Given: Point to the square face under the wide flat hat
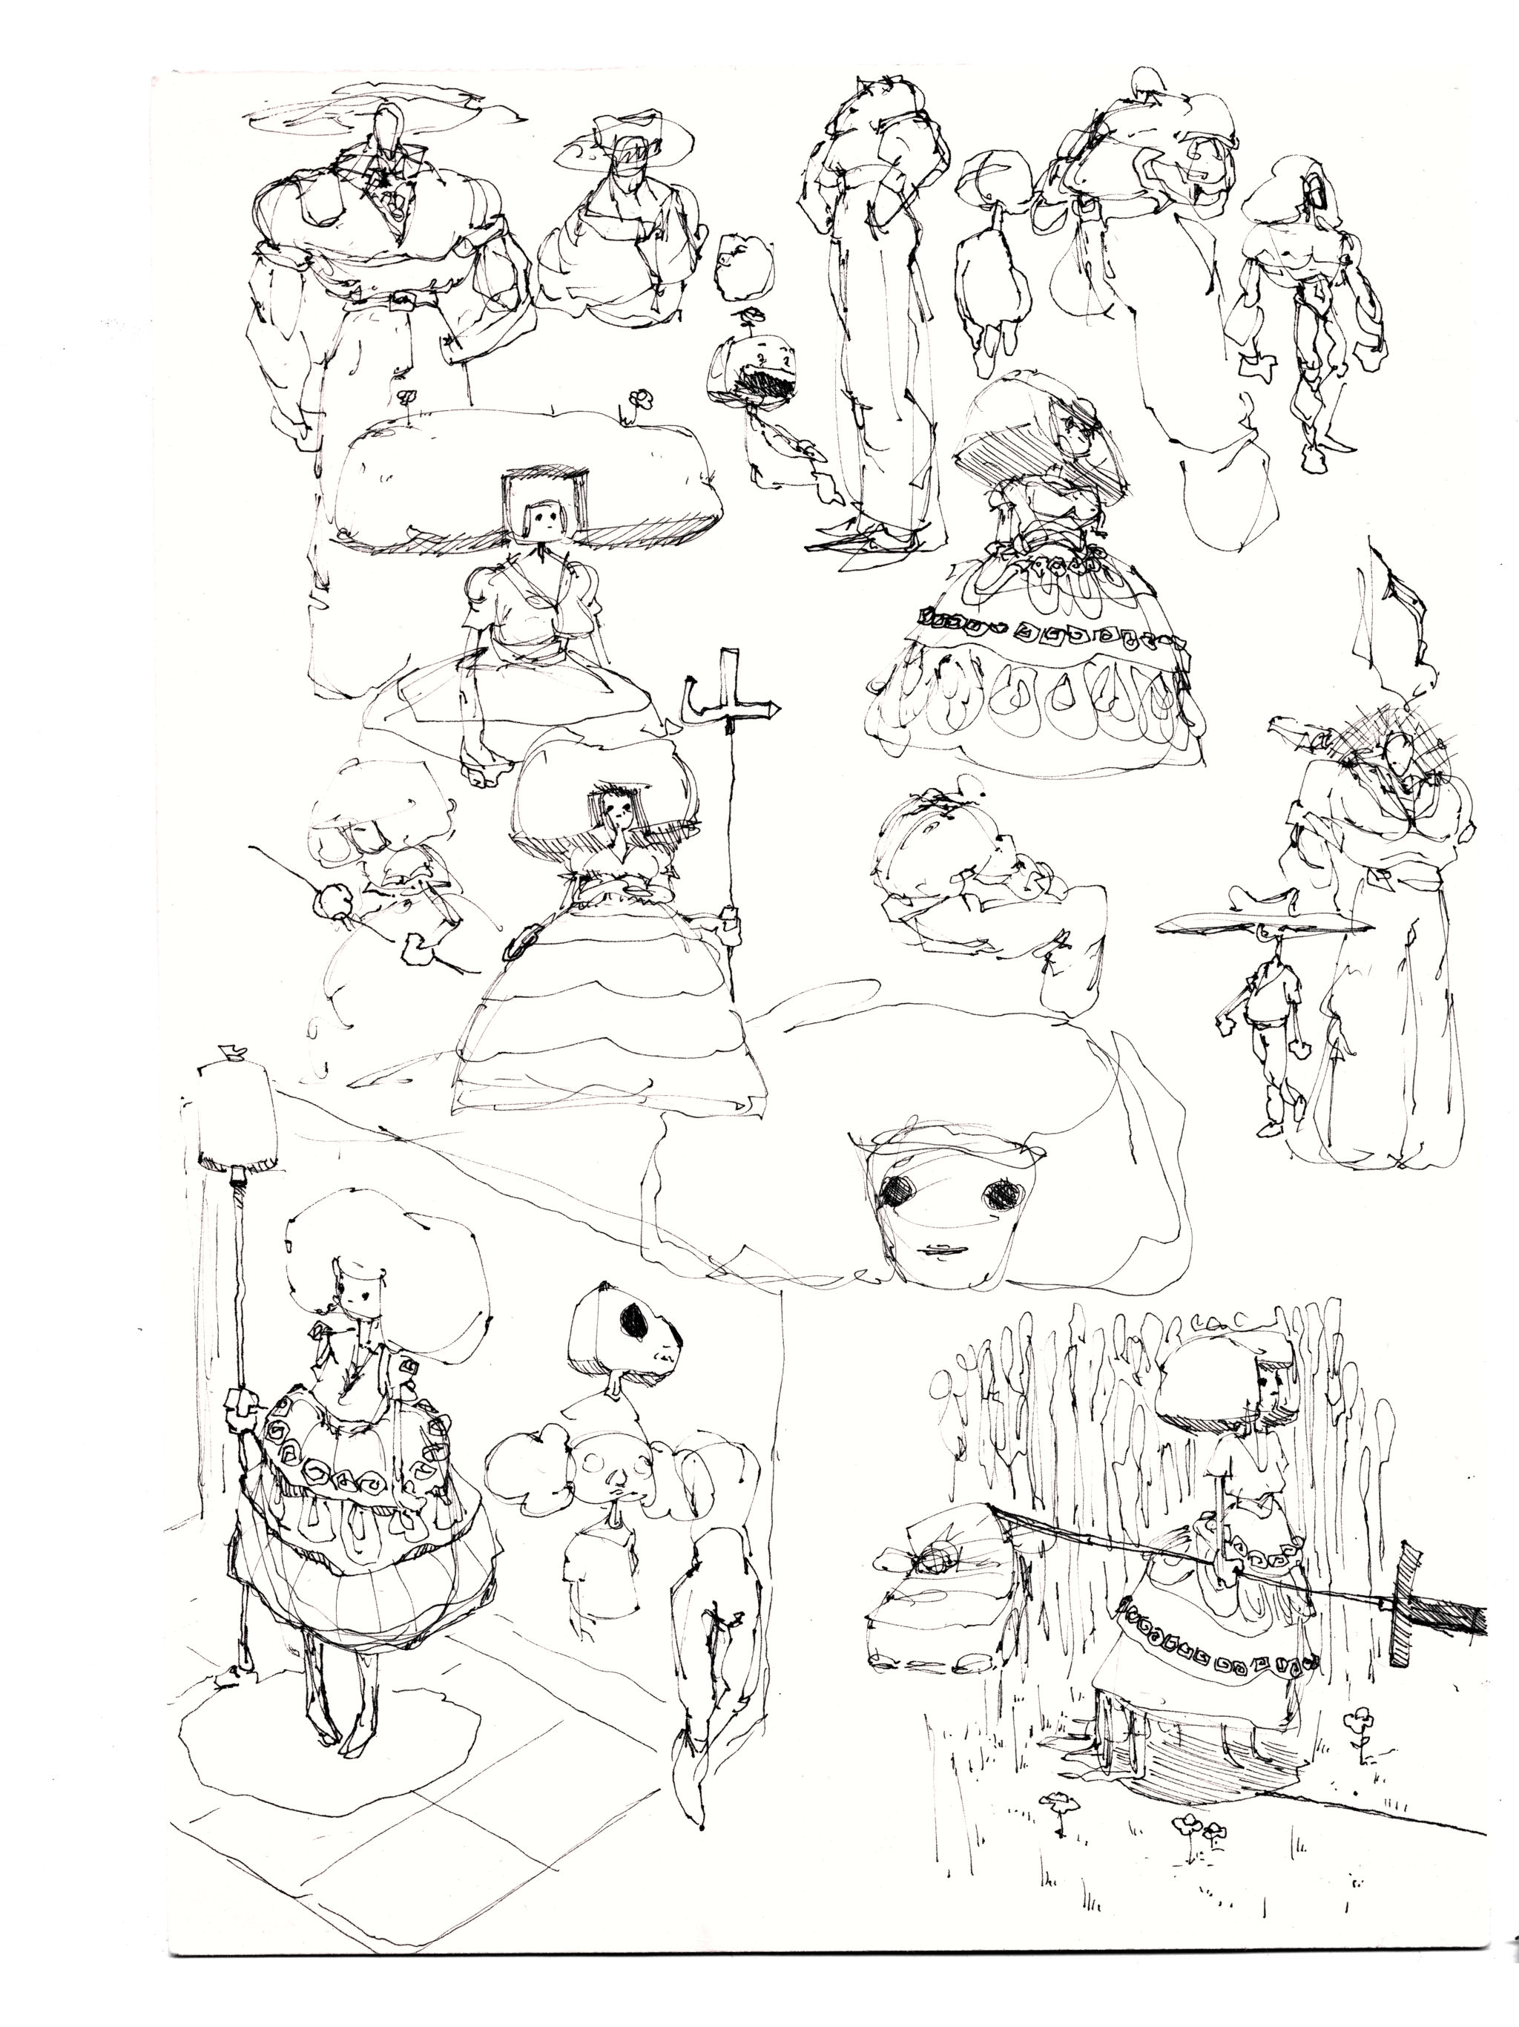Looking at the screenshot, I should [x=541, y=519].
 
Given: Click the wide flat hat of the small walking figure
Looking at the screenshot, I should [x=1265, y=925].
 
